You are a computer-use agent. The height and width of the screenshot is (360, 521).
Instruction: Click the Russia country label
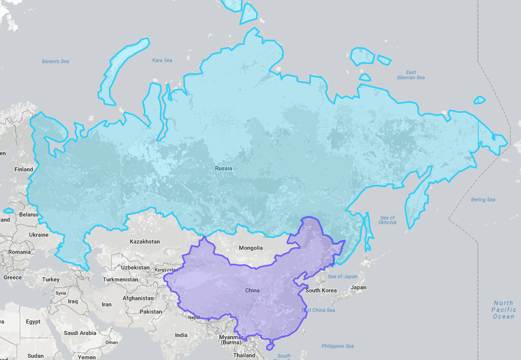[x=223, y=168]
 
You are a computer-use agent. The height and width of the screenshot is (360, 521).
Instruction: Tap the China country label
[x=253, y=291]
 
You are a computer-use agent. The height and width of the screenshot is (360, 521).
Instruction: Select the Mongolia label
[x=251, y=248]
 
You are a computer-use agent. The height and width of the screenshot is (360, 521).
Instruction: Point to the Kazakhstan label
[x=145, y=242]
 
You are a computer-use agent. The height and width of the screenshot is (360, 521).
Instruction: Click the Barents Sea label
[x=55, y=62]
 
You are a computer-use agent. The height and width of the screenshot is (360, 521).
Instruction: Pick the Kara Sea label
[x=162, y=61]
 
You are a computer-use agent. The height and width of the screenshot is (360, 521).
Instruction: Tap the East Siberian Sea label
[x=411, y=75]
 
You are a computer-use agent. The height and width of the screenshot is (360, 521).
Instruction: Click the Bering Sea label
[x=483, y=200]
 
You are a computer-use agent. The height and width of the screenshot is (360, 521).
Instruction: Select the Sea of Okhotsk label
[x=387, y=220]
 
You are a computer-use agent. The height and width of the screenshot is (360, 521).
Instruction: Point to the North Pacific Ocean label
[x=504, y=309]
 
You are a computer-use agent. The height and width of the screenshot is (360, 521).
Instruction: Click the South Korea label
[x=321, y=291]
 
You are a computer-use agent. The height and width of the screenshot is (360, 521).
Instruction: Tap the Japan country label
[x=358, y=287]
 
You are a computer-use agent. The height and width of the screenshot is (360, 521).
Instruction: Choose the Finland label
[x=24, y=169]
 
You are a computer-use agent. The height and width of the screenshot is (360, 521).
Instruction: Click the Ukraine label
[x=38, y=235]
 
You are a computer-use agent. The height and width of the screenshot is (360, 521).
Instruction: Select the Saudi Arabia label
[x=80, y=333]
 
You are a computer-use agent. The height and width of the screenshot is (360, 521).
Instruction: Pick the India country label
[x=181, y=335]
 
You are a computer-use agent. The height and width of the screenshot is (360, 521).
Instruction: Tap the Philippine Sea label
[x=337, y=346]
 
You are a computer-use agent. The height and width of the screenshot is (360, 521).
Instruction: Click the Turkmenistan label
[x=121, y=279]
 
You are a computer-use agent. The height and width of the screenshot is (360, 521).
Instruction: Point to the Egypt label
[x=33, y=322]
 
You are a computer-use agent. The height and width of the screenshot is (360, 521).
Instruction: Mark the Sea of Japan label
[x=343, y=276]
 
